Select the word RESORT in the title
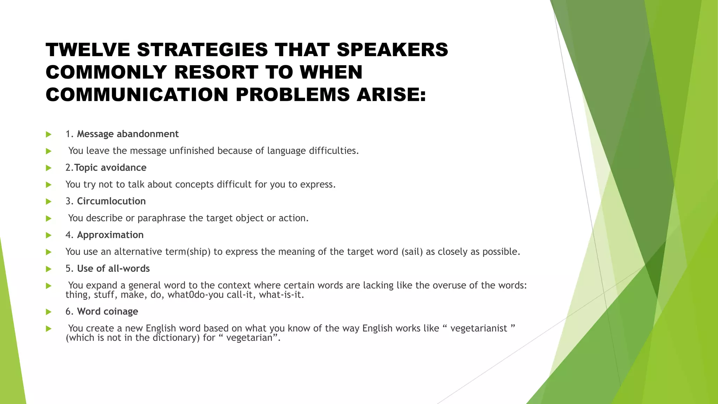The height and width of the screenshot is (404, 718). (216, 72)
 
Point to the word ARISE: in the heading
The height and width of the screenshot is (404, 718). (391, 95)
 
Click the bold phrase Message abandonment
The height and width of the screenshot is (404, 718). (128, 134)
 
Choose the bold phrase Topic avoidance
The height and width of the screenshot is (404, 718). (110, 168)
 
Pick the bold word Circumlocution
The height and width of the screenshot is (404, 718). (111, 201)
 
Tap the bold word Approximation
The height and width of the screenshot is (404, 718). (110, 235)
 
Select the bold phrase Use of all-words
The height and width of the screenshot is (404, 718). (113, 269)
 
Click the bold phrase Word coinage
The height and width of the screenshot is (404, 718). (107, 311)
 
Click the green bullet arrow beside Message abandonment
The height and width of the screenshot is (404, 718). (49, 134)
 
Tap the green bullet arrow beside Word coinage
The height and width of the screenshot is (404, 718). (49, 312)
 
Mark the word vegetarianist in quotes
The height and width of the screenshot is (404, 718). (479, 329)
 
